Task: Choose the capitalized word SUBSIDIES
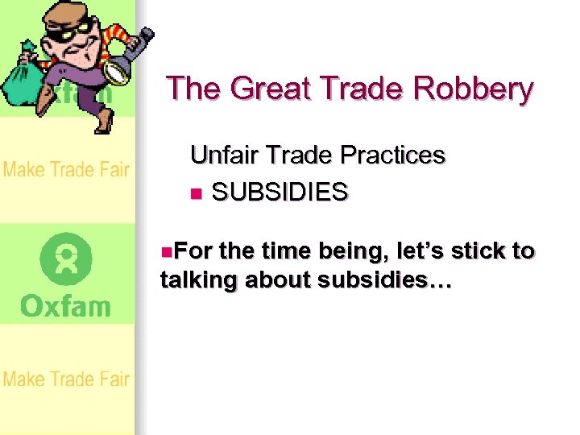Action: (x=280, y=192)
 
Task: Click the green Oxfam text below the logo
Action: (x=66, y=306)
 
